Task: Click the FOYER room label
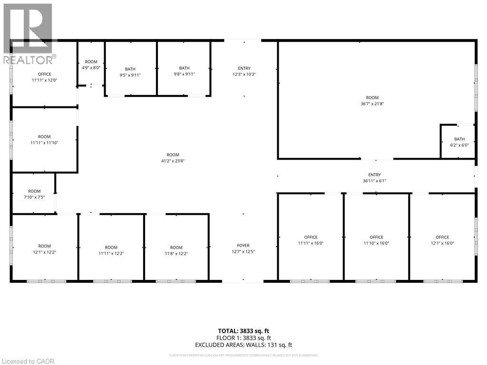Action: [x=240, y=245]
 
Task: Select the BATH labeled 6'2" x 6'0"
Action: [x=459, y=139]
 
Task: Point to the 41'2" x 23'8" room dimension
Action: [x=173, y=161]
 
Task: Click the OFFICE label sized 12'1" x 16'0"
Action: [x=442, y=237]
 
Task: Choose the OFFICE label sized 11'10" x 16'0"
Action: [x=376, y=237]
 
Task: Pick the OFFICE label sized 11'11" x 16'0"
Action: [x=311, y=237]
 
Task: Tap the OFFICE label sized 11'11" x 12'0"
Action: [x=44, y=74]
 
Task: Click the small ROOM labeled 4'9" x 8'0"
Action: [x=91, y=62]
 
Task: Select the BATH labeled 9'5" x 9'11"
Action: [x=130, y=69]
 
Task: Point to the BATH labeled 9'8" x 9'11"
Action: [x=184, y=68]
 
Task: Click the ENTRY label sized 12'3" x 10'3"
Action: [x=244, y=68]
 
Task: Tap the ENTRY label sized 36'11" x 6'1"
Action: [x=374, y=175]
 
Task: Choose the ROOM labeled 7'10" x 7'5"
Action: [x=34, y=191]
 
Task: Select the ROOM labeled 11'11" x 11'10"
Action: [x=44, y=137]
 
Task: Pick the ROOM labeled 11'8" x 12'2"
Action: [x=176, y=247]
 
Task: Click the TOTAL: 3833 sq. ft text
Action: [x=243, y=331]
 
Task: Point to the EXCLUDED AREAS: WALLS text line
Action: [x=243, y=345]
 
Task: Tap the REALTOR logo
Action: [x=29, y=33]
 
